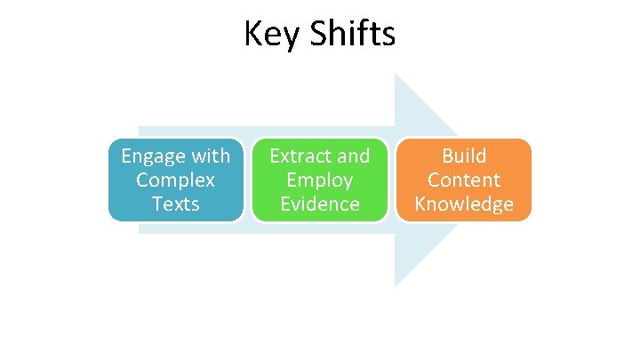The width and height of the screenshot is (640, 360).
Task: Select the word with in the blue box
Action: pos(210,156)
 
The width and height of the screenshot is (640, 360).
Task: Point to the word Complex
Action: pos(176,180)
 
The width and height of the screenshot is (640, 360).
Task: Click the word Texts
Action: pos(176,204)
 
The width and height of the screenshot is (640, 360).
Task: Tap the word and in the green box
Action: pos(353,156)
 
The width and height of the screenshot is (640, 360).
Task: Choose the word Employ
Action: pos(320,180)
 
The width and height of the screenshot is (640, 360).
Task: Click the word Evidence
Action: pos(320,204)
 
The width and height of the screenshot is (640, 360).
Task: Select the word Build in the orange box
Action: pos(464,156)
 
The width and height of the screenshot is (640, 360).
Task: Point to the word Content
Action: pos(464,180)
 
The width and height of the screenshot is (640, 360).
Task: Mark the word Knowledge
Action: pos(464,204)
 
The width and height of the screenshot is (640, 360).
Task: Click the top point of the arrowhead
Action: pos(396,74)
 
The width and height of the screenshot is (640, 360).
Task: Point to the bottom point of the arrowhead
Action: pos(396,286)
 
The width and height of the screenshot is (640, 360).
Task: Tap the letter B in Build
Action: pos(447,156)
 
